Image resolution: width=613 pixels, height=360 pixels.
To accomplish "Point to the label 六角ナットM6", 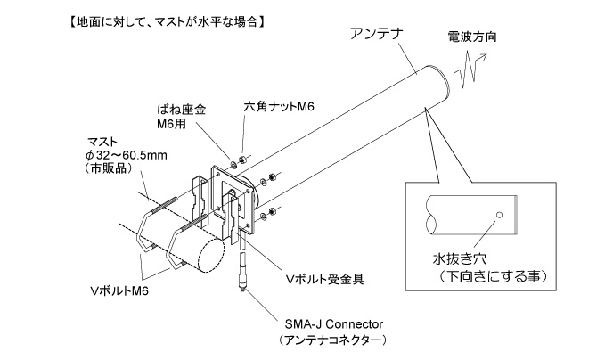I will [274, 106].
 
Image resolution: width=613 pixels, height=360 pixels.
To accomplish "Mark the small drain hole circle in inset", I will [501, 215].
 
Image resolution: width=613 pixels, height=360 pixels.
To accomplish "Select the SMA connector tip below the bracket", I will [240, 288].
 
